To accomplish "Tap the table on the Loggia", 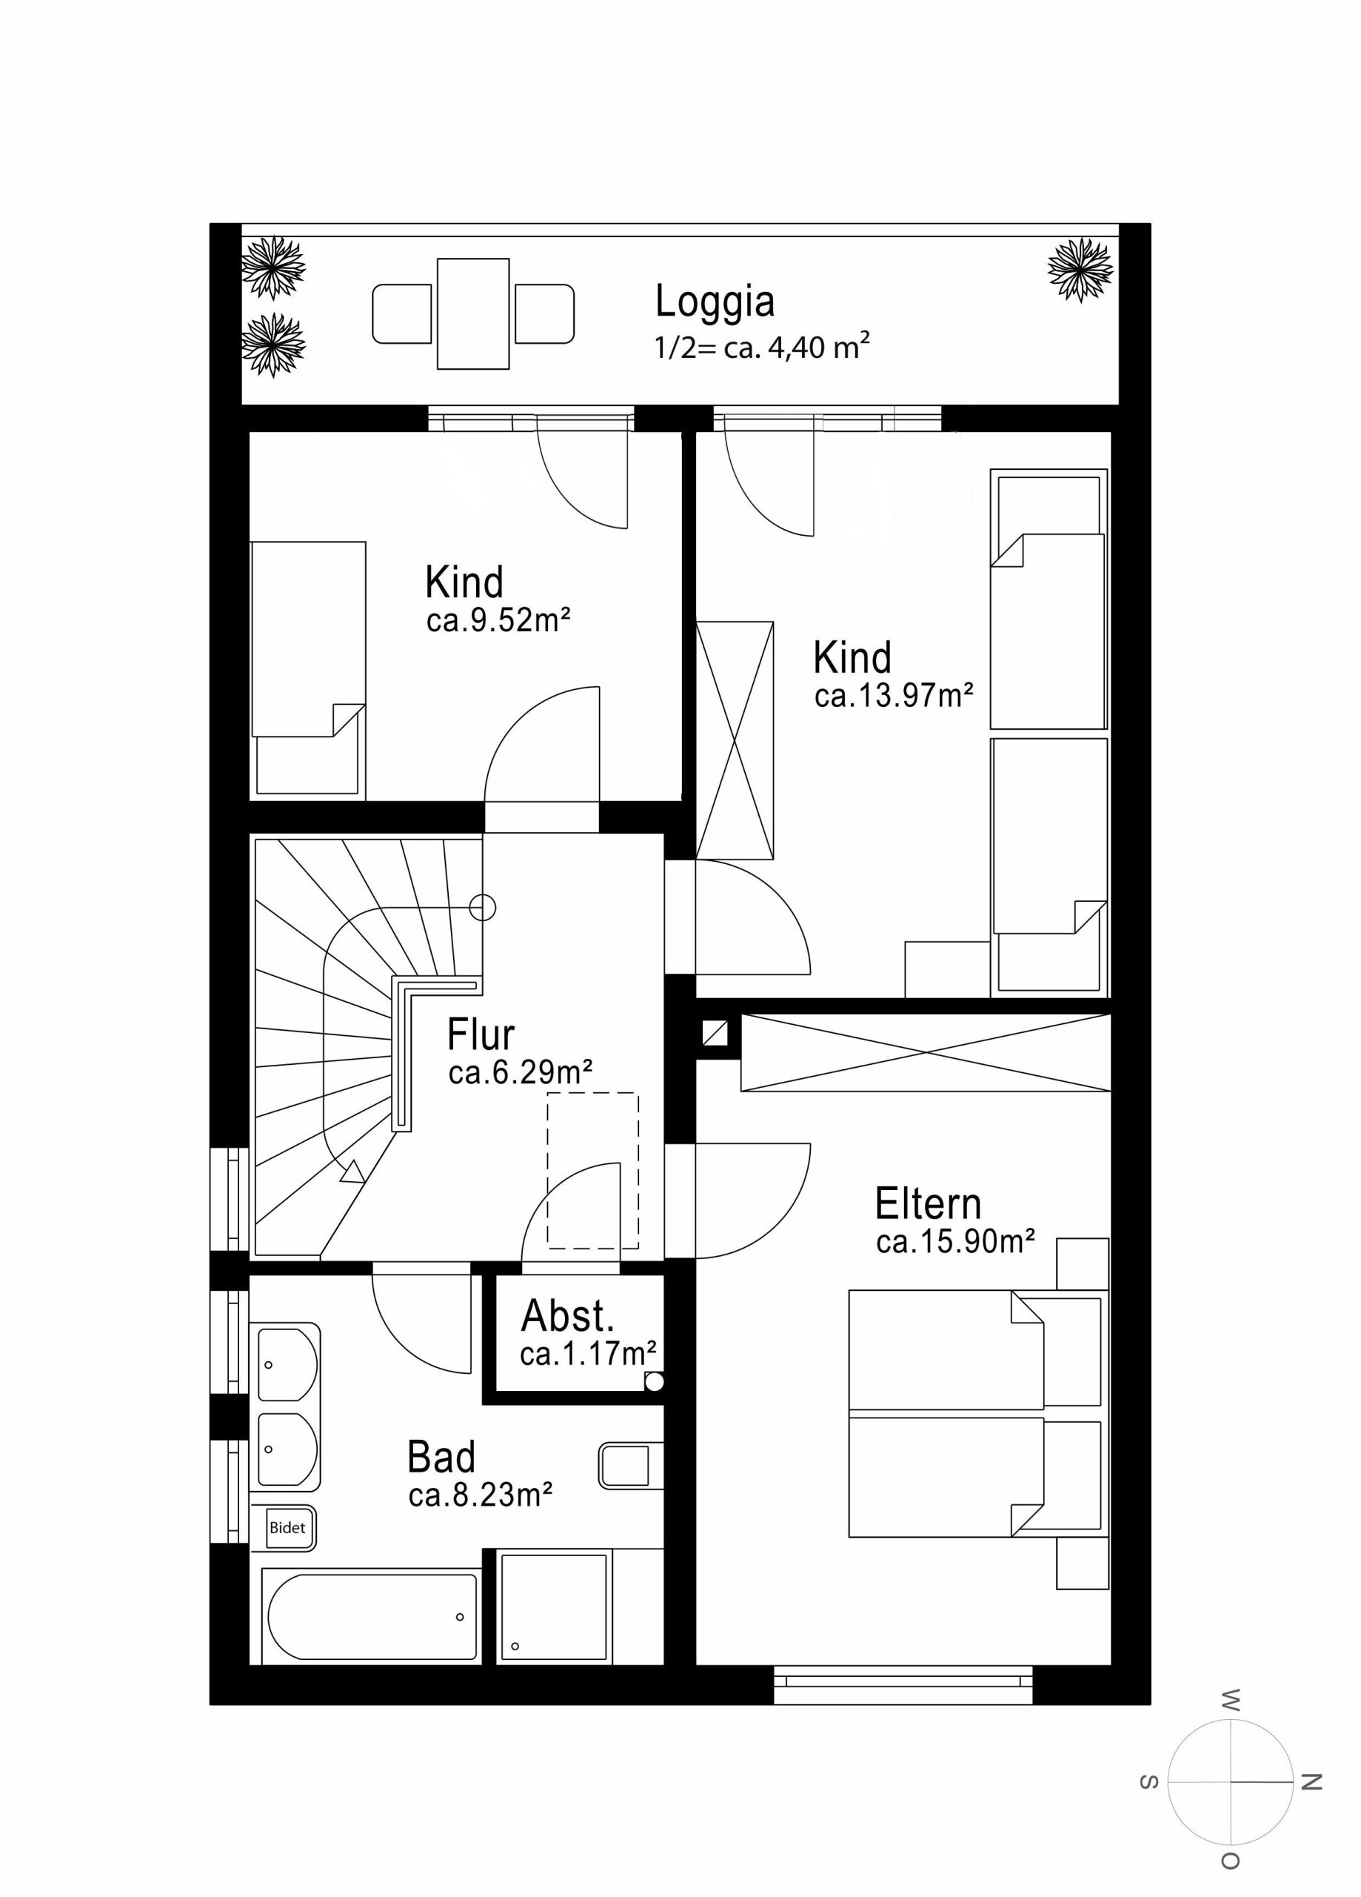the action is (x=473, y=313).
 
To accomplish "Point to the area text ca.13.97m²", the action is (x=894, y=695).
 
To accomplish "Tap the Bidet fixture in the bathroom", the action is (x=287, y=1527).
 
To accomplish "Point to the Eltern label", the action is (x=928, y=1203).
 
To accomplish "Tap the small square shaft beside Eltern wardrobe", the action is (x=715, y=1034).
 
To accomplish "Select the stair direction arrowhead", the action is (x=352, y=1171).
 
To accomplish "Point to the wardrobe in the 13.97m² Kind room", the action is (x=735, y=740).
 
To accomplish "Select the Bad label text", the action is (x=441, y=1457).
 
